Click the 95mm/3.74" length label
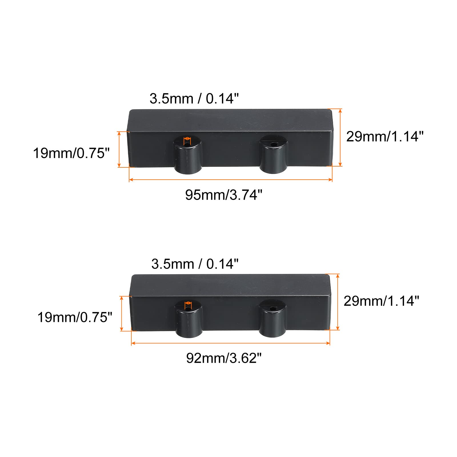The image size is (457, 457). coord(224,195)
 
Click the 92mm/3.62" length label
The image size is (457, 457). coord(224,358)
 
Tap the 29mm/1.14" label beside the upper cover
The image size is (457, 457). coord(385,137)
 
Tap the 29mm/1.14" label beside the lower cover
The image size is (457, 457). coord(381,301)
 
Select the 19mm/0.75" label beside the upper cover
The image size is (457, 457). coord(71,153)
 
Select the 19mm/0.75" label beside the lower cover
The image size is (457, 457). coord(75,317)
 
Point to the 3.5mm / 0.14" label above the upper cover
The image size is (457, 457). coord(194,99)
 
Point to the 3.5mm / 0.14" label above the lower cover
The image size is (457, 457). coord(195,264)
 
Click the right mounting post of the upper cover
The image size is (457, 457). coord(273,154)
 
